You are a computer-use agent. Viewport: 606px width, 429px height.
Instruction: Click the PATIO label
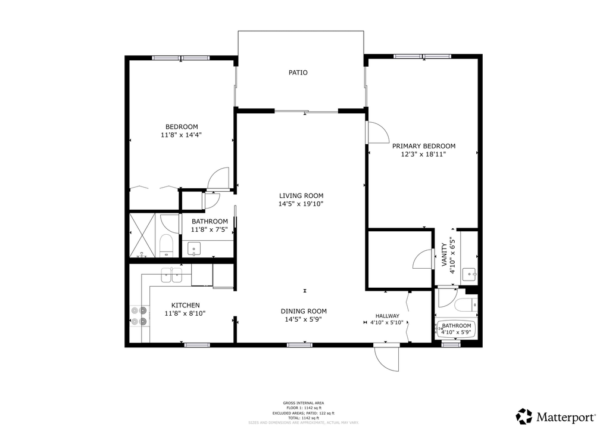298,73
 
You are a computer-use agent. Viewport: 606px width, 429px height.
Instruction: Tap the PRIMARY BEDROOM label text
423,146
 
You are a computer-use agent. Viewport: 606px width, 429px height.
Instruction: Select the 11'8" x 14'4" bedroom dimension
182,135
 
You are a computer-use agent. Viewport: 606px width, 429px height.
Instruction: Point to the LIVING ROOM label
301,195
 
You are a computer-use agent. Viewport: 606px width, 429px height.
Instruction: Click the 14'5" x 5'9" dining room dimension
304,319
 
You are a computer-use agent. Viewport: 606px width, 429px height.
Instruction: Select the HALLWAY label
387,316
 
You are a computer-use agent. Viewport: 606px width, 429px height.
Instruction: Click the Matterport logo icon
524,416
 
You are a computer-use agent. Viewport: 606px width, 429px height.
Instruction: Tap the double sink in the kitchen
171,275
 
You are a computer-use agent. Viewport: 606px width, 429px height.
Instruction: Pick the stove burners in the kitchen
138,316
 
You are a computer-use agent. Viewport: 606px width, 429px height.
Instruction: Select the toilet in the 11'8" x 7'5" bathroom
166,244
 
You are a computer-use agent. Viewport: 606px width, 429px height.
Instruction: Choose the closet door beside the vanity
423,260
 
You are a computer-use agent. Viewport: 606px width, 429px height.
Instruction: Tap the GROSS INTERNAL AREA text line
304,403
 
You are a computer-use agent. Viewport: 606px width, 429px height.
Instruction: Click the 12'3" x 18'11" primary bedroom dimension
423,154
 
